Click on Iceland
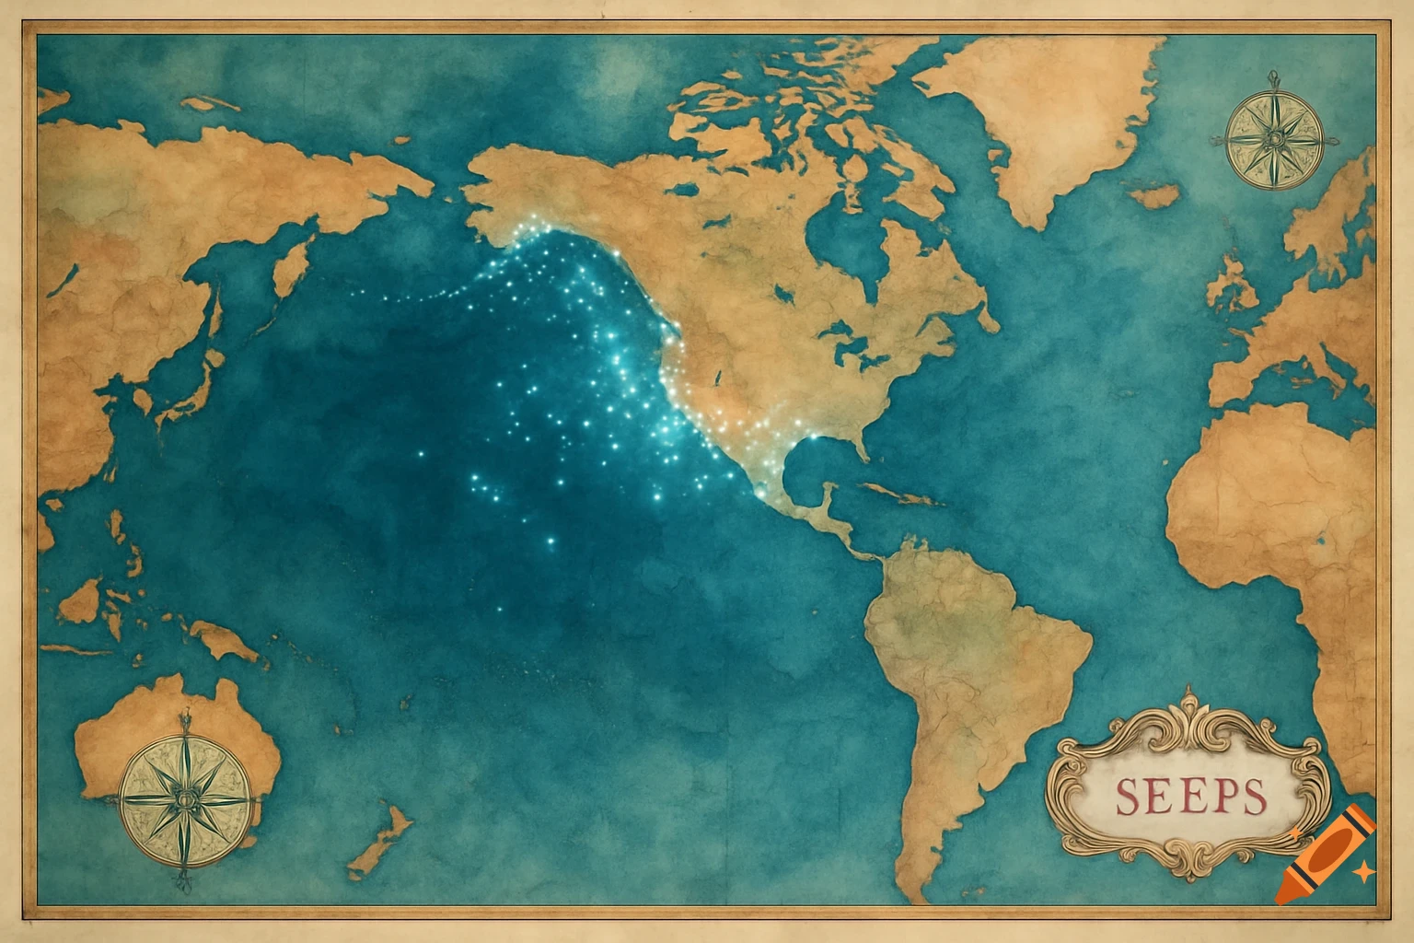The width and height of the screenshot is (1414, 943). [x=1155, y=196]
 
